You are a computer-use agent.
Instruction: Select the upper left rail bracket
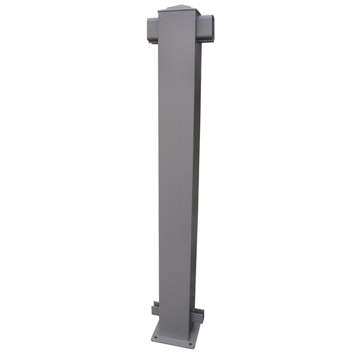click(x=152, y=26)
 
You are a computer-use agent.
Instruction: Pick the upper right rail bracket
click(x=209, y=28)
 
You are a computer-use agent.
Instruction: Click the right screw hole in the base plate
click(x=191, y=344)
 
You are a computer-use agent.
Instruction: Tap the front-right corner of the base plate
click(x=193, y=347)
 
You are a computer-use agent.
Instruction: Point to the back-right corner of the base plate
click(x=204, y=327)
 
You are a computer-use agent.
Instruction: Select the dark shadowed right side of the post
click(x=197, y=180)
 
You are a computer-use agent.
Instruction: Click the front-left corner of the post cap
click(x=158, y=12)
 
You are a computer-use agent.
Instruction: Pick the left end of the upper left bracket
click(x=147, y=26)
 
